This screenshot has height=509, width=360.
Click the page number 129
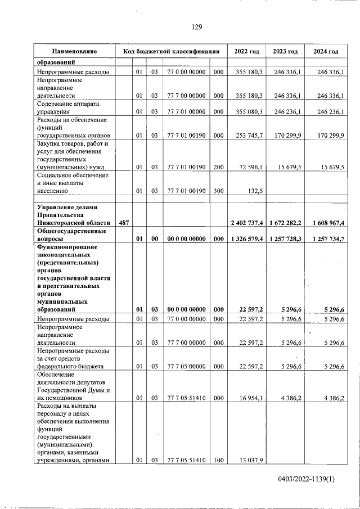point(196,26)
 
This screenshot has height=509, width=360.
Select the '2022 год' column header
point(246,51)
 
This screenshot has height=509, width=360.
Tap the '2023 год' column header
point(285,51)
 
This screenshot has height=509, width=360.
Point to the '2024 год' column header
point(326,51)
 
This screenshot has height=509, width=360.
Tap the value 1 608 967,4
point(325,223)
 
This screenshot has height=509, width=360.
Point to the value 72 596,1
point(251,166)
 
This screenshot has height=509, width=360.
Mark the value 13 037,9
point(251,461)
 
